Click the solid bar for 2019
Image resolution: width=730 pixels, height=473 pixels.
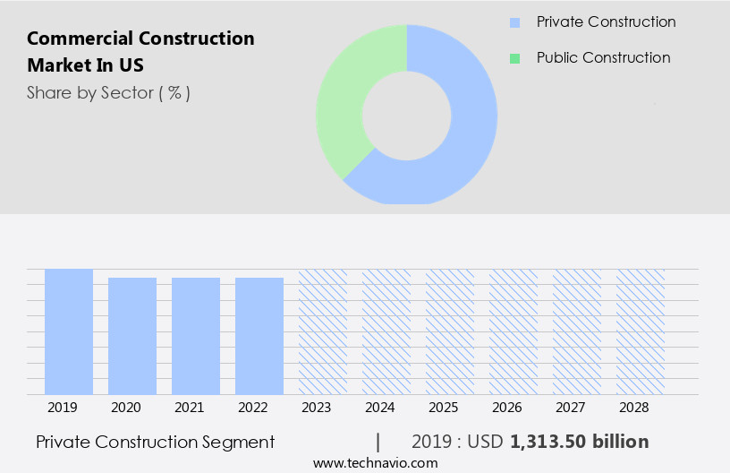pos(69,331)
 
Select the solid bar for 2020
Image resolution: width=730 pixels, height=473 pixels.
pos(132,336)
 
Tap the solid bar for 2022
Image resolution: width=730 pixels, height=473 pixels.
pos(259,336)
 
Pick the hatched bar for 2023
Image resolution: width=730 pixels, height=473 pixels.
pos(323,331)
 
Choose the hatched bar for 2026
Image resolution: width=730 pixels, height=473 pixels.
pos(514,331)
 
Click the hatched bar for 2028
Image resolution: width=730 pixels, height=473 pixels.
pos(641,331)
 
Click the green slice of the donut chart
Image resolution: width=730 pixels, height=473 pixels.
pos(344,99)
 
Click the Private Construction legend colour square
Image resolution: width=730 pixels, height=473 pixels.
pos(514,22)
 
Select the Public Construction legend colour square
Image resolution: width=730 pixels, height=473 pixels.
pos(514,58)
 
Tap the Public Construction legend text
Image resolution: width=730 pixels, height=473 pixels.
pos(603,57)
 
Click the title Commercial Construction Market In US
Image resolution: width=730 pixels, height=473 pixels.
pos(140,52)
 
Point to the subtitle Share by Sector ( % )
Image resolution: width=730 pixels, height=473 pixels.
pos(108,92)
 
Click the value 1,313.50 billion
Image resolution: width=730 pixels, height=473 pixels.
pos(580,442)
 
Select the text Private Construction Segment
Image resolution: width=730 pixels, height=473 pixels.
pos(155,442)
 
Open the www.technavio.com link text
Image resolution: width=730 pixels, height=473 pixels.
pos(375,463)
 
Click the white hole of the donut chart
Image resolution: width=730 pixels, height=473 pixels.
pos(406,114)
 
